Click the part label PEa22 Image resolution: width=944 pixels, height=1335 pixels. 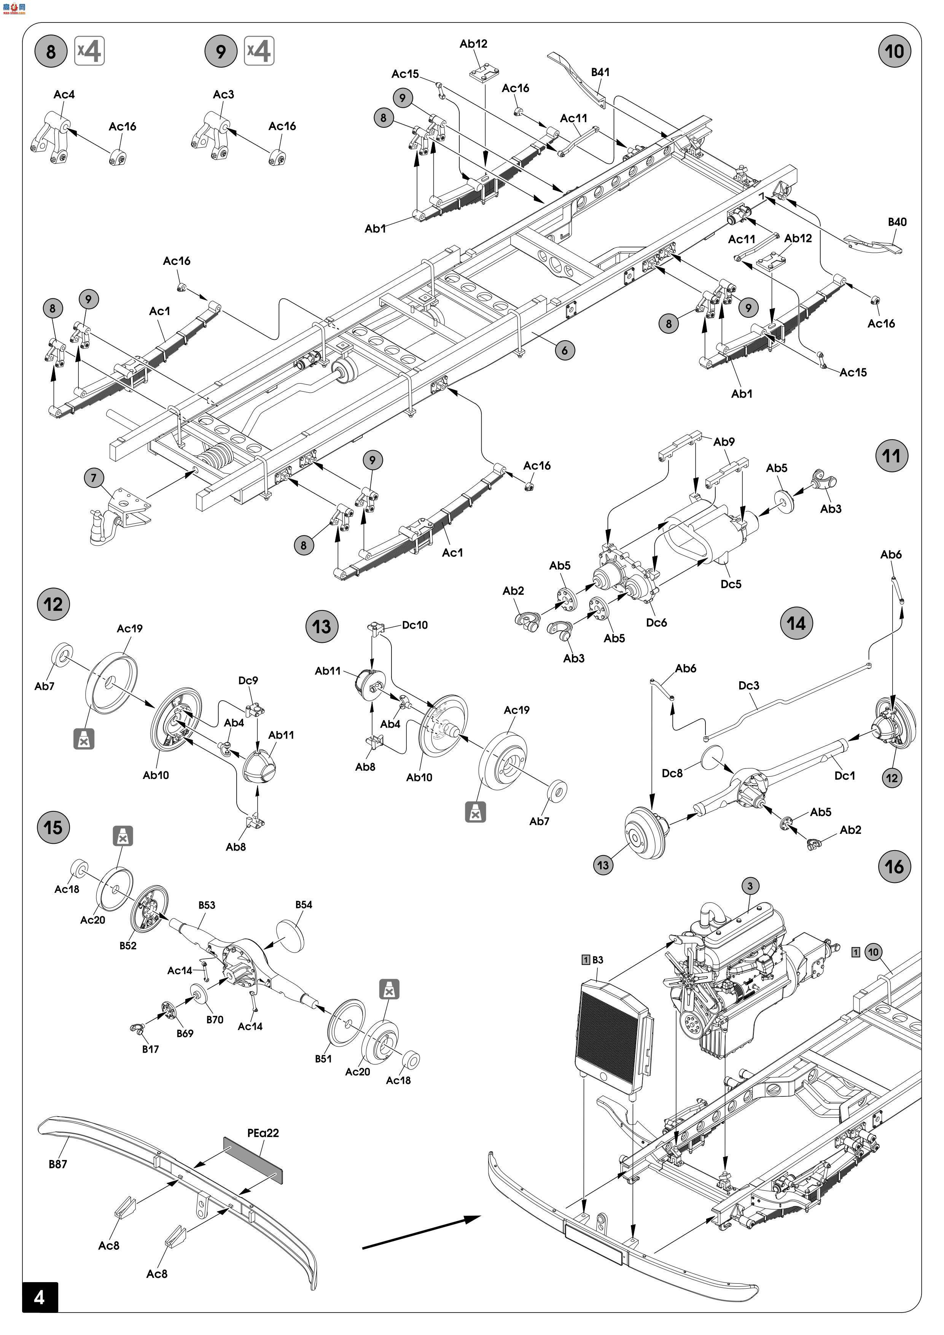[x=263, y=1133]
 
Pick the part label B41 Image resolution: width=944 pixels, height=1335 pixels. [x=600, y=72]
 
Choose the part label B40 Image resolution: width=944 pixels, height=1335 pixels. [x=897, y=222]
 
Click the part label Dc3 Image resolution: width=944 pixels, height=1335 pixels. [x=749, y=685]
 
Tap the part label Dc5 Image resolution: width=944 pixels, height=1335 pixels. [x=731, y=584]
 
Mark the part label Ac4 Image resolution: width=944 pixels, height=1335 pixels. [x=64, y=94]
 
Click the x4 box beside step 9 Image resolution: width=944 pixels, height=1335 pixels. [x=259, y=51]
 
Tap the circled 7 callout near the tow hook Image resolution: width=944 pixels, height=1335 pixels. [x=94, y=478]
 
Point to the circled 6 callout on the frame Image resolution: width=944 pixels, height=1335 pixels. [x=564, y=350]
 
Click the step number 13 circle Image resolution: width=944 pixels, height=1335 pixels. [x=322, y=627]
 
